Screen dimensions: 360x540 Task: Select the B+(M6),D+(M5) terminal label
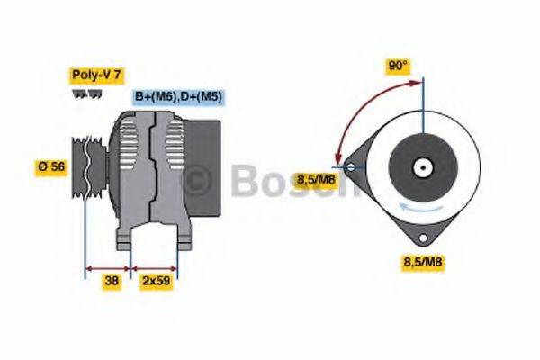(179, 96)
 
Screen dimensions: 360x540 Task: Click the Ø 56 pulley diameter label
(52, 166)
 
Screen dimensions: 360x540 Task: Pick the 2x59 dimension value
(156, 281)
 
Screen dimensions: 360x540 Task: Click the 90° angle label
(398, 66)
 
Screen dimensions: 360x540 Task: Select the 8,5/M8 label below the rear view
(421, 262)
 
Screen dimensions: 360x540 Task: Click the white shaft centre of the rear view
(422, 167)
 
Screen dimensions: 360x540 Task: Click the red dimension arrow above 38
(108, 267)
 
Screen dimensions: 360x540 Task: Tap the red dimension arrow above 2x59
(155, 267)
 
